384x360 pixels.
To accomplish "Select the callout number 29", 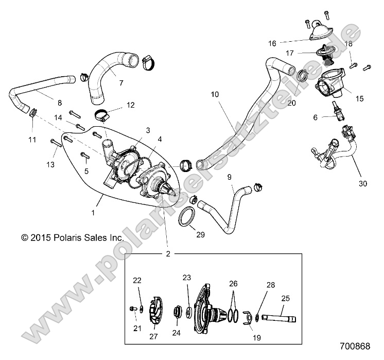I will pyautogui.click(x=200, y=234).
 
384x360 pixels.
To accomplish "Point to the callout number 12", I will pyautogui.click(x=131, y=105).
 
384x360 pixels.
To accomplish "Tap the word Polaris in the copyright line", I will pyautogui.click(x=63, y=238).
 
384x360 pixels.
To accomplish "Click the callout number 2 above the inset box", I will pyautogui.click(x=167, y=253).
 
